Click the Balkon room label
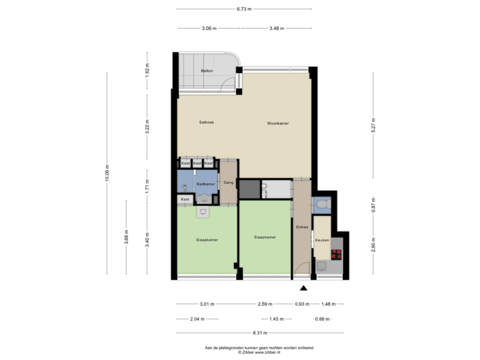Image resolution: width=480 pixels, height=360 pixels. point(207,71)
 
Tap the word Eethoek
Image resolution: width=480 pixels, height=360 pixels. point(207,122)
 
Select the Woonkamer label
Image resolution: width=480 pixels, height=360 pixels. point(277,123)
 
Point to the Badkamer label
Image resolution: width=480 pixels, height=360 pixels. point(205,184)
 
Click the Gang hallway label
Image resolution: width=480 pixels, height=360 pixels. point(228,181)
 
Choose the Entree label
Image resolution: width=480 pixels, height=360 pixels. point(301,227)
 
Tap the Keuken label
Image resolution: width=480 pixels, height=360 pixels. point(323,238)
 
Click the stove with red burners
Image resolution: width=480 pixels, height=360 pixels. point(337,253)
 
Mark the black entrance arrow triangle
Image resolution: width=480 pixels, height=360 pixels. point(304,288)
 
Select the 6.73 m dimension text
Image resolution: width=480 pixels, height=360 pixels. point(245,9)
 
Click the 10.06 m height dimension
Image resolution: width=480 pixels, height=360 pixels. point(107,173)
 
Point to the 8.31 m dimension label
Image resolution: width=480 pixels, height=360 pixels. point(260,333)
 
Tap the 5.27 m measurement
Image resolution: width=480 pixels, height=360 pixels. point(373,126)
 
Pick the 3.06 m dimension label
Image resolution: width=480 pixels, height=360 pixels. point(209,28)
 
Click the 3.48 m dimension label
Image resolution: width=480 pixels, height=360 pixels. point(277,28)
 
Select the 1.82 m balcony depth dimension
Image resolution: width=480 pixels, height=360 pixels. point(147,69)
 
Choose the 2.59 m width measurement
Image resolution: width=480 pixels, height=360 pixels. point(265,304)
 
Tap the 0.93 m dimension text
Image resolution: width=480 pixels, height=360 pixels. point(302,304)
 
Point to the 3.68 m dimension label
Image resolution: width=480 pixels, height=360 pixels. point(127,237)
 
